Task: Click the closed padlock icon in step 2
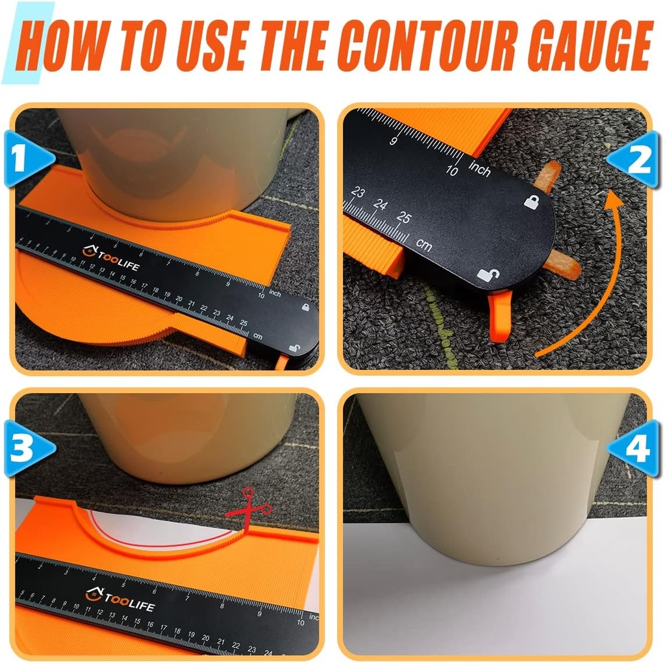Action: click(532, 200)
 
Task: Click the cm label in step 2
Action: click(425, 245)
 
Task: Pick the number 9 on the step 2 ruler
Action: click(393, 141)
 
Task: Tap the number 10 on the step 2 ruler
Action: click(452, 170)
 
